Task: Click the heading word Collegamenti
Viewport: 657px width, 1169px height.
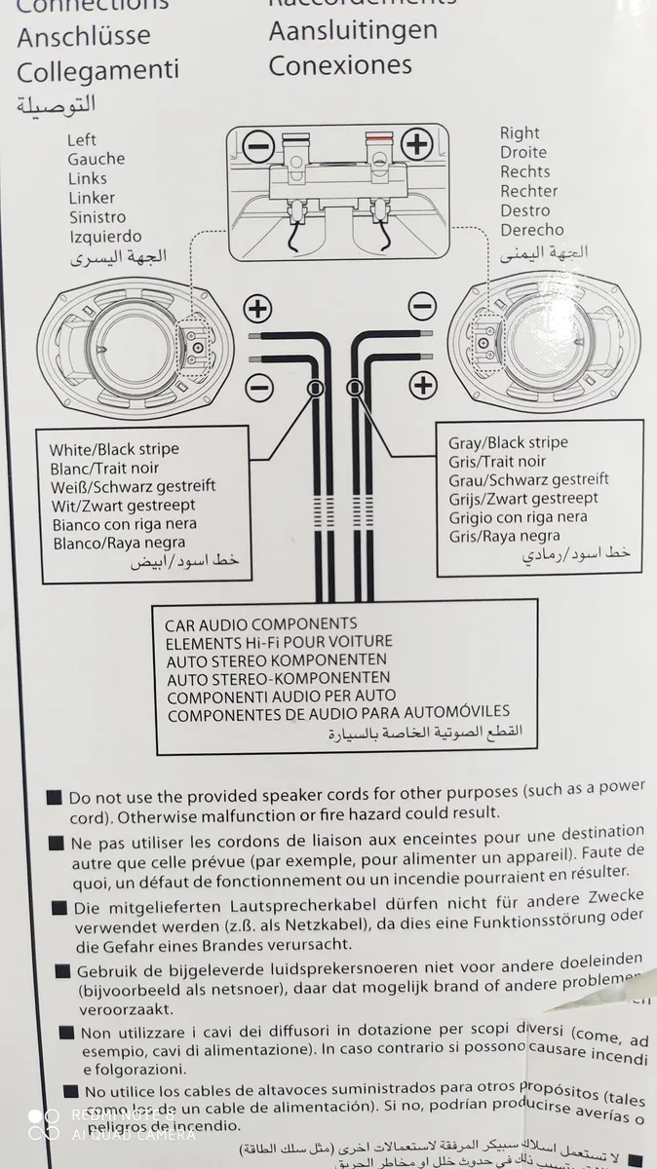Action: click(97, 71)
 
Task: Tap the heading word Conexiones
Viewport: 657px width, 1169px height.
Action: click(340, 65)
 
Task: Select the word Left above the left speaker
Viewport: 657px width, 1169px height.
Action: click(82, 139)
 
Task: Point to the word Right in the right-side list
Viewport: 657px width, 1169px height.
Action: click(520, 132)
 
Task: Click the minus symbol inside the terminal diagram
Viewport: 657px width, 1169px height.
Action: click(257, 147)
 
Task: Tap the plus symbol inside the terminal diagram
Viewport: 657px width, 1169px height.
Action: click(416, 145)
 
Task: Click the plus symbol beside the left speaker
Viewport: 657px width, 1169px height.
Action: click(257, 310)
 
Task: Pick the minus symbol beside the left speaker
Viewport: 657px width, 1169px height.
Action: click(259, 386)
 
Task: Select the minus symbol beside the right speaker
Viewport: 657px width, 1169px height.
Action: click(422, 307)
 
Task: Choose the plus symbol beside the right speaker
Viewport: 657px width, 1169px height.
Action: click(422, 385)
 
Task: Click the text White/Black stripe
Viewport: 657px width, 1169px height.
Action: click(114, 449)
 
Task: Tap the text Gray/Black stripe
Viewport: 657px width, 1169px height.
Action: click(508, 442)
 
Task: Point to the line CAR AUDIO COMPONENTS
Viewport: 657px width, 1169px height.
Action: click(260, 623)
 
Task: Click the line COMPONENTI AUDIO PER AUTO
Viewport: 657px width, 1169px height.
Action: click(282, 696)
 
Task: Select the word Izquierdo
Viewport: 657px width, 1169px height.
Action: click(105, 237)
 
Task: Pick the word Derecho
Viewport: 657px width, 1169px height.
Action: click(532, 230)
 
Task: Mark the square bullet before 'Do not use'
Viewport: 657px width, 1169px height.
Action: click(55, 798)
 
